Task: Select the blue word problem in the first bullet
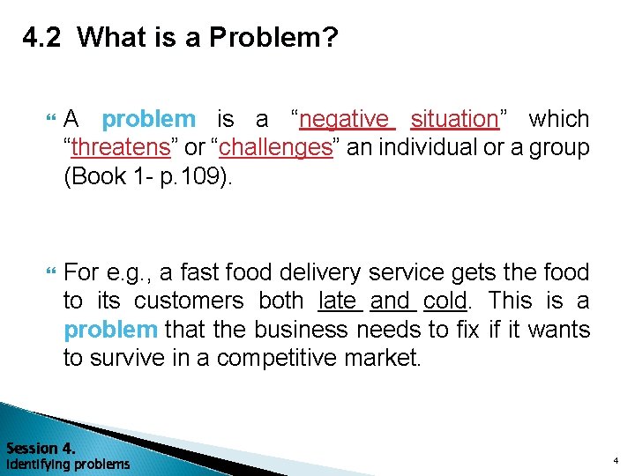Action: pyautogui.click(x=148, y=118)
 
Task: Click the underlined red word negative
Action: pyautogui.click(x=343, y=118)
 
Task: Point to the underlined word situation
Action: pyautogui.click(x=454, y=118)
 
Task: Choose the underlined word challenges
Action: pyautogui.click(x=275, y=147)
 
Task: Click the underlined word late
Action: pyautogui.click(x=340, y=301)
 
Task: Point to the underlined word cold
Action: pyautogui.click(x=444, y=301)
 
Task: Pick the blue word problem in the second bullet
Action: pyautogui.click(x=110, y=330)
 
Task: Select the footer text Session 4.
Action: pyautogui.click(x=41, y=447)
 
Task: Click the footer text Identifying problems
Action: pyautogui.click(x=67, y=464)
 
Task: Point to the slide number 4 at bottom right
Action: pyautogui.click(x=616, y=461)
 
